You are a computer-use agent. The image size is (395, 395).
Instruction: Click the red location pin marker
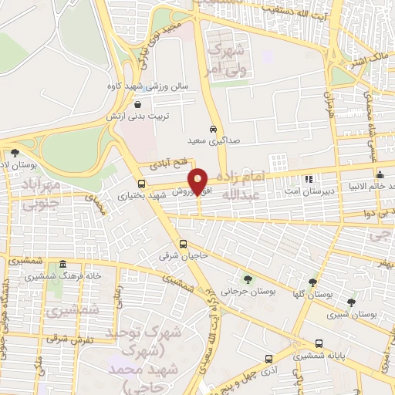click(x=198, y=180)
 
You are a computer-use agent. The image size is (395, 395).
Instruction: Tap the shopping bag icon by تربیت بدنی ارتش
click(x=137, y=104)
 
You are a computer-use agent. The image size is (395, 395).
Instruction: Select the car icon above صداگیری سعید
click(x=212, y=129)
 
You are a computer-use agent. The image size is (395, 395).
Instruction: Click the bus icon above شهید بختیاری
click(x=141, y=184)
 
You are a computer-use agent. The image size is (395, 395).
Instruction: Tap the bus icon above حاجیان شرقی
click(x=183, y=243)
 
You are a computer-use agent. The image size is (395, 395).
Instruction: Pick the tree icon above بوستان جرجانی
click(x=248, y=279)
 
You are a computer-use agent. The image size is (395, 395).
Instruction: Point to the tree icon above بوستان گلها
click(x=312, y=282)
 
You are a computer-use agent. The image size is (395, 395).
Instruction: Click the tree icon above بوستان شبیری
click(x=352, y=302)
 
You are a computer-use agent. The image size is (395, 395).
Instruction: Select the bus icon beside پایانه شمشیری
click(x=319, y=344)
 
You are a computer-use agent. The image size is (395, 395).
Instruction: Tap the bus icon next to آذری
click(x=268, y=359)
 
